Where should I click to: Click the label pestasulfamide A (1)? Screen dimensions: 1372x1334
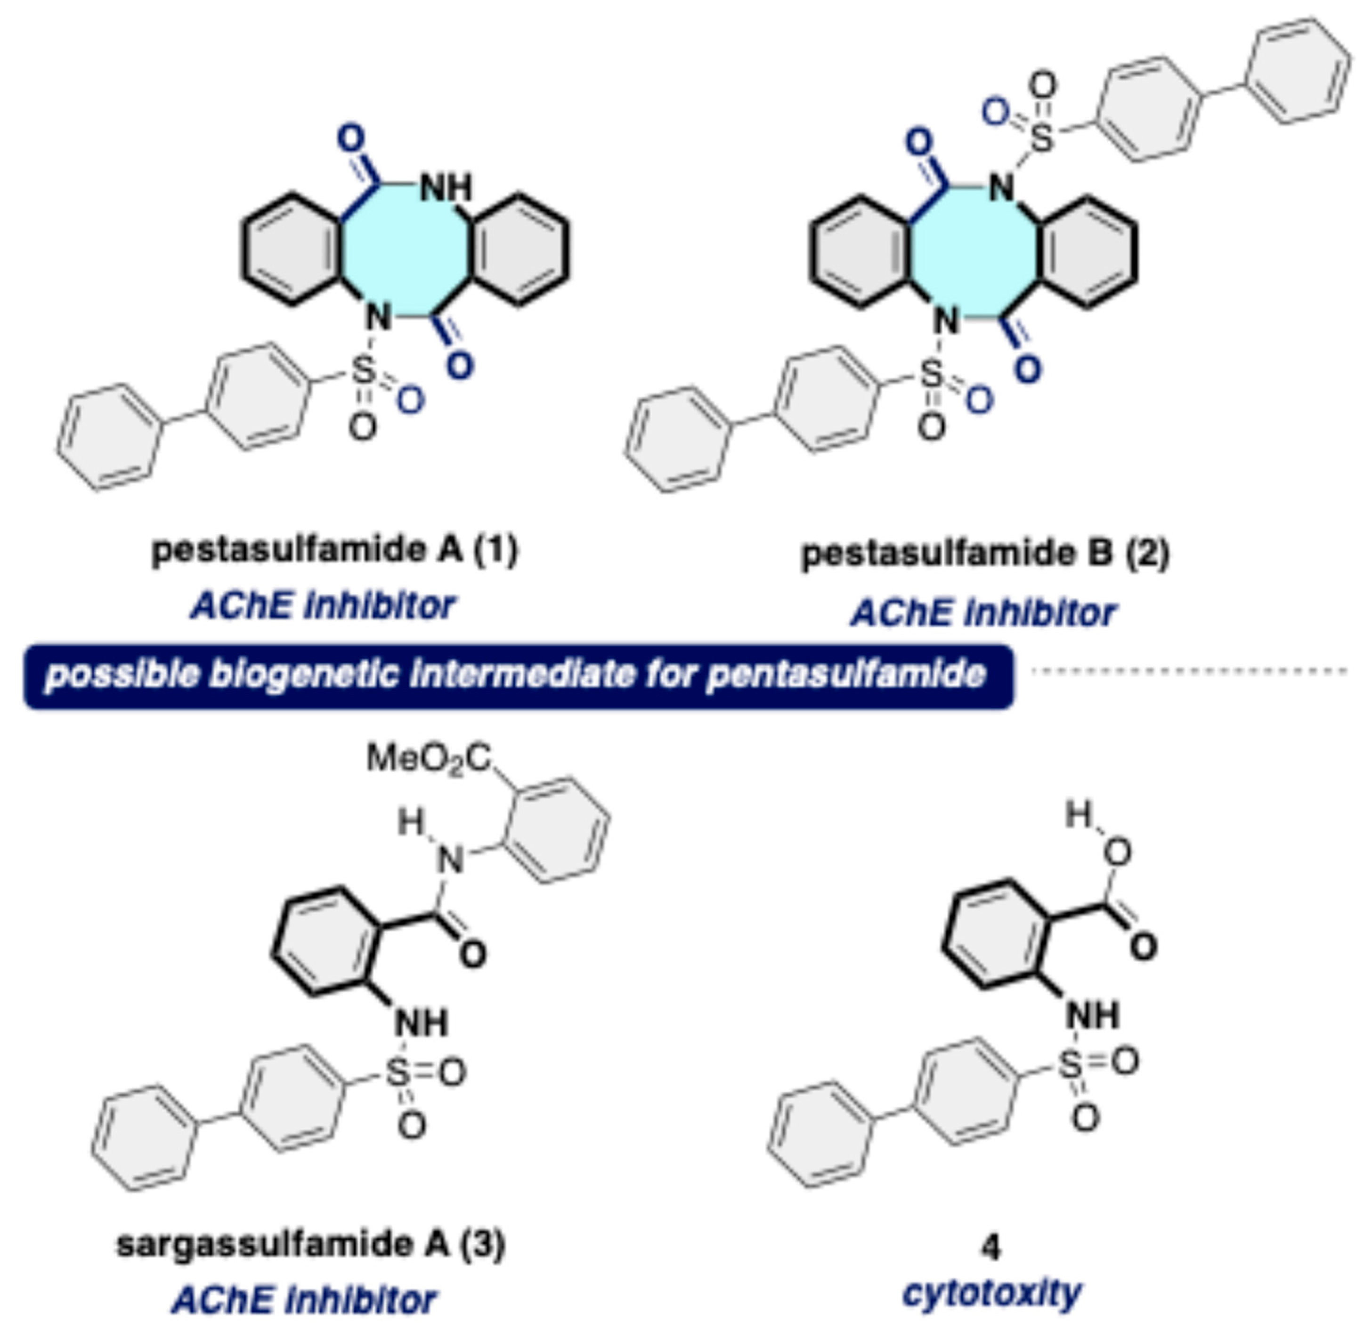(335, 550)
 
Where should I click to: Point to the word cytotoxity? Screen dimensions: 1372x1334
(991, 1293)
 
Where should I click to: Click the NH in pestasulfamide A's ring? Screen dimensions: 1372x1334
(446, 188)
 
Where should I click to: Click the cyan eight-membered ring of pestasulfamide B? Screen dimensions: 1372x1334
(974, 252)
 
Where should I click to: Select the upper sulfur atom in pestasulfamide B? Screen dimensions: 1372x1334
(1041, 138)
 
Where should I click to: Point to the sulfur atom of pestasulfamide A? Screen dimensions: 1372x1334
(363, 371)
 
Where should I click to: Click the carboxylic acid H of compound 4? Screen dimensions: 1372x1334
(1079, 814)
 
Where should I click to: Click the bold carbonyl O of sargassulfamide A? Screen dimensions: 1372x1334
(473, 954)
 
